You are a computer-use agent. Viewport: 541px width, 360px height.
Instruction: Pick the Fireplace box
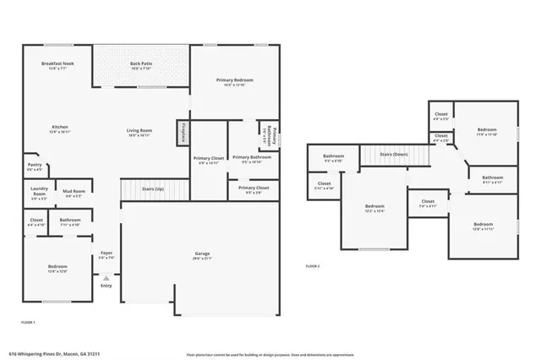182,133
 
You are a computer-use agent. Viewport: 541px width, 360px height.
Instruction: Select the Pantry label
34,168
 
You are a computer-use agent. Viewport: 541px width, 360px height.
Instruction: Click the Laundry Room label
37,192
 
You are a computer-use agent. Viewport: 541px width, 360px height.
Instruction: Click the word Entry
106,286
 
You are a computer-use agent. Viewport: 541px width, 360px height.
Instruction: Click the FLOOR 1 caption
29,322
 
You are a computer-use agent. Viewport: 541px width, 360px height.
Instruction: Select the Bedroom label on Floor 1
57,269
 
